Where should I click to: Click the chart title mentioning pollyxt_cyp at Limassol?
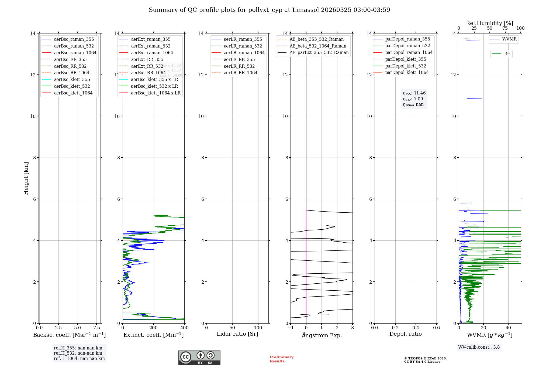[x=269, y=10]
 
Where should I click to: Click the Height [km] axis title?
[x=26, y=178]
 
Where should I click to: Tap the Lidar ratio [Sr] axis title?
[x=237, y=334]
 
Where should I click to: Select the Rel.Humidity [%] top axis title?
[x=489, y=23]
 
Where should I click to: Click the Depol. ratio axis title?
[x=405, y=334]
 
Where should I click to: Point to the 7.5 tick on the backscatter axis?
[x=97, y=328]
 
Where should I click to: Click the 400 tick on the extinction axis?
[x=184, y=328]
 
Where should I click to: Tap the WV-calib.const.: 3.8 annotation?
[x=479, y=347]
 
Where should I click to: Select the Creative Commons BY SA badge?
[x=199, y=358]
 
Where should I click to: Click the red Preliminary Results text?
[x=281, y=359]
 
